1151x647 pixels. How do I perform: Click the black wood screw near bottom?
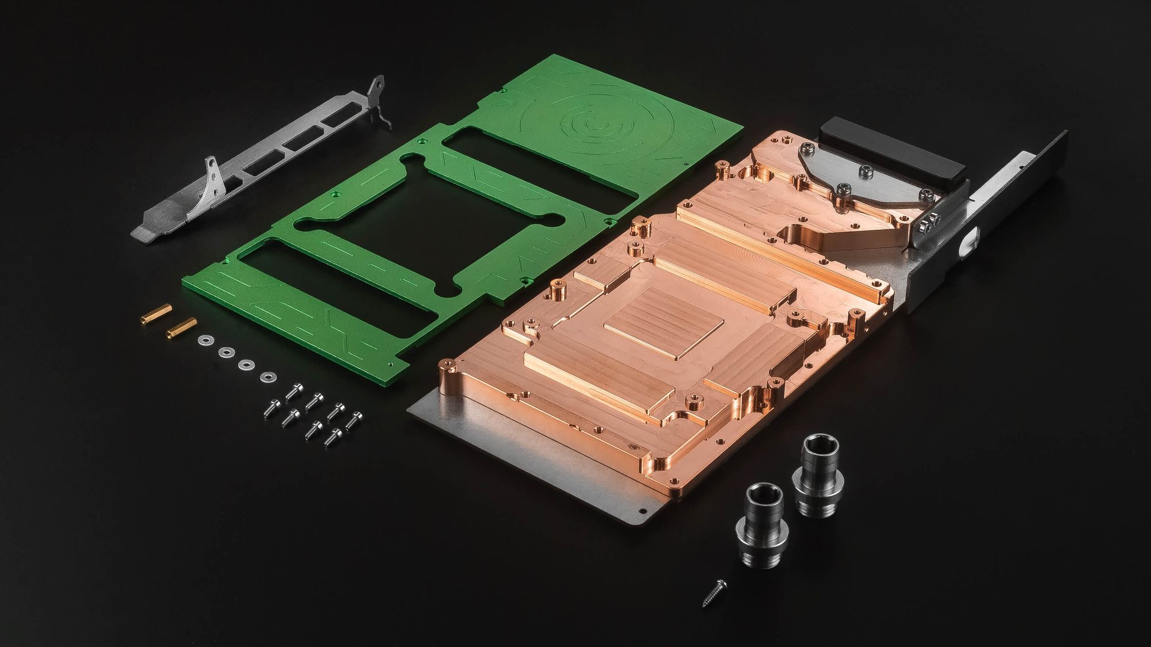tap(710, 592)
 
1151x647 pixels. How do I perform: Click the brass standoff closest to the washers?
tap(180, 327)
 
